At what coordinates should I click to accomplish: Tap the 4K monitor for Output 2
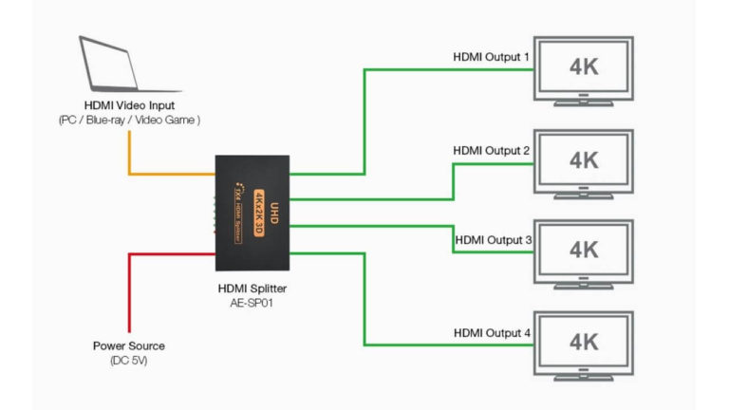583,162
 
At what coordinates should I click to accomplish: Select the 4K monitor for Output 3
583,252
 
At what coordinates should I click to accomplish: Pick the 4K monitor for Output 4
583,344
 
